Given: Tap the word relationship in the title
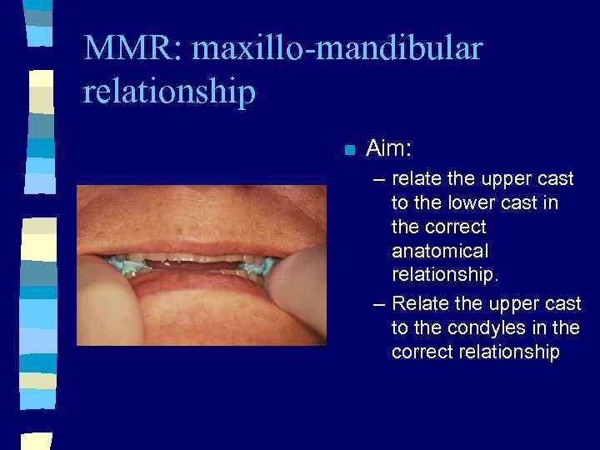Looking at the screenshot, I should coord(169,92).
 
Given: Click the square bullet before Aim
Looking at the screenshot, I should coord(349,151).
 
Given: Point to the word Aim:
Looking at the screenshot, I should coord(389,149).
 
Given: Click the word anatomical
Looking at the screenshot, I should coord(440,251).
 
